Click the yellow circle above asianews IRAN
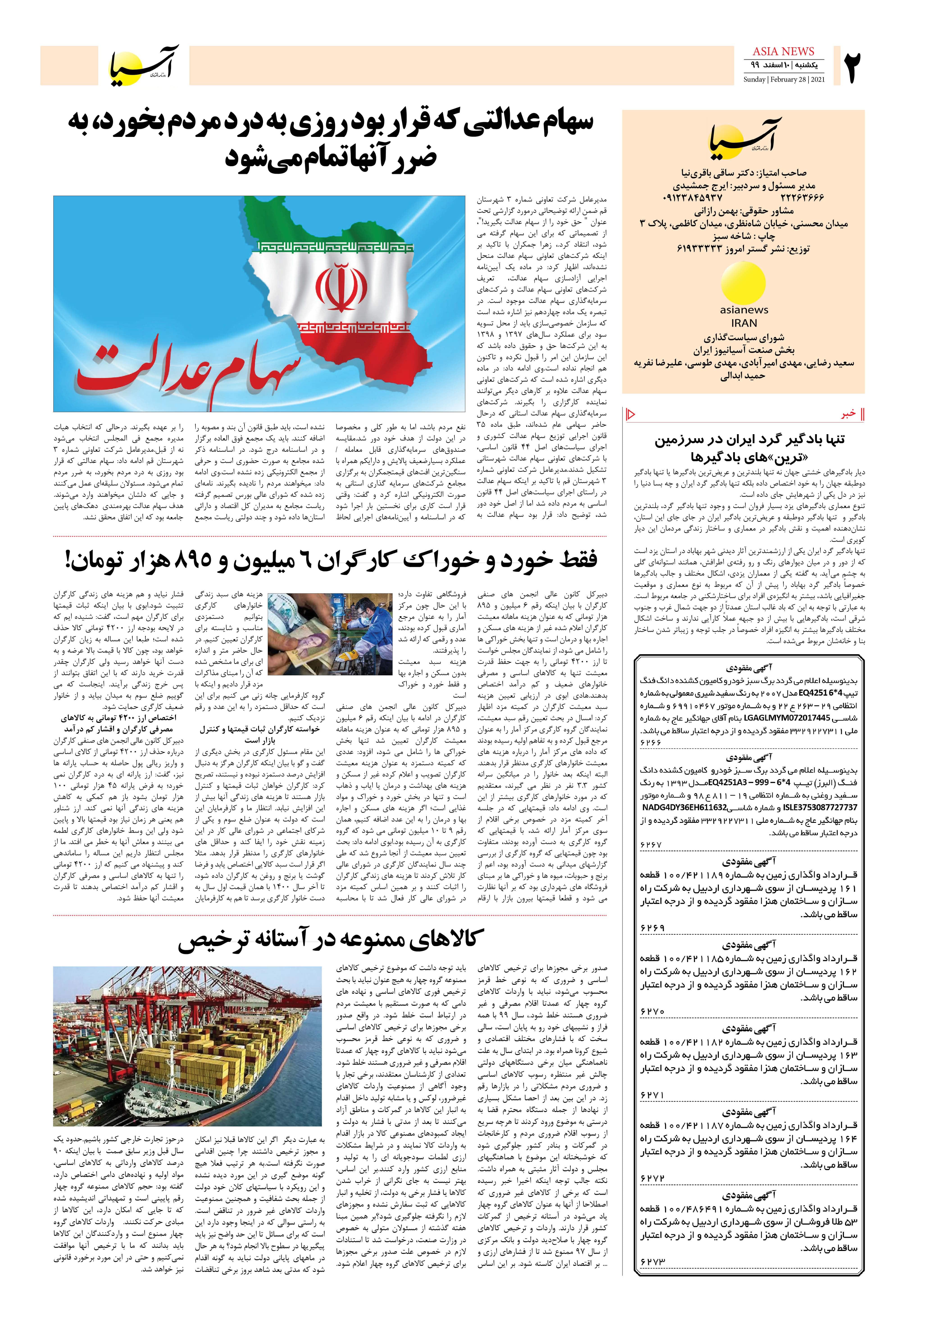tap(743, 283)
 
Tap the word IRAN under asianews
tap(744, 323)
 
